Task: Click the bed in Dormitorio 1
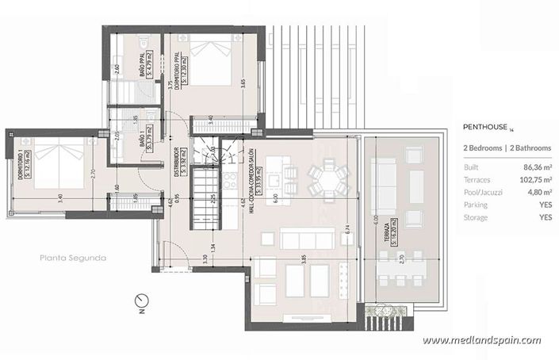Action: [63, 163]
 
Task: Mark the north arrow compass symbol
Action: [141, 299]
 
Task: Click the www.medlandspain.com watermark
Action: [481, 340]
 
